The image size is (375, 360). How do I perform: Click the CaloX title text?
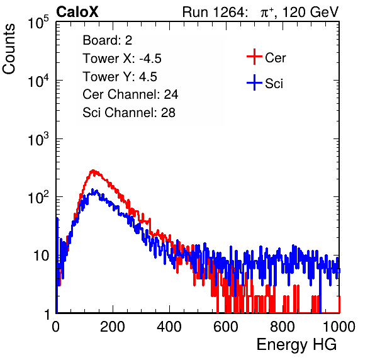pyautogui.click(x=77, y=12)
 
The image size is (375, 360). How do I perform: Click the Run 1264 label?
pyautogui.click(x=214, y=12)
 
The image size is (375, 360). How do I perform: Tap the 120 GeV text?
pyautogui.click(x=311, y=12)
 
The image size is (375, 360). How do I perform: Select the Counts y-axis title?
pyautogui.click(x=9, y=49)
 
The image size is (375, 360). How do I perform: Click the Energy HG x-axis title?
pyautogui.click(x=296, y=345)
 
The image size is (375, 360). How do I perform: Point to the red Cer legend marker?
pyautogui.click(x=254, y=57)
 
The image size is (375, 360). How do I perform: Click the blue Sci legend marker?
pyautogui.click(x=254, y=83)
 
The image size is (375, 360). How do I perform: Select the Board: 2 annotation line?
pyautogui.click(x=108, y=40)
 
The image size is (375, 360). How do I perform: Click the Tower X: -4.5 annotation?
pyautogui.click(x=122, y=59)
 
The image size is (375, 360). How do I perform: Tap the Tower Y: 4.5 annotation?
pyautogui.click(x=120, y=77)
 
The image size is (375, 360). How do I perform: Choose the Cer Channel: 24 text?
pyautogui.click(x=130, y=94)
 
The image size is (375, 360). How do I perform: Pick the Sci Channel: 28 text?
pyautogui.click(x=129, y=113)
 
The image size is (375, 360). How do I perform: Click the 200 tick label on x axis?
pyautogui.click(x=113, y=327)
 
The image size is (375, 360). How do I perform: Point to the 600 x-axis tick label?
pyautogui.click(x=226, y=327)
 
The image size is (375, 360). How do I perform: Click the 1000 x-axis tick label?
pyautogui.click(x=339, y=327)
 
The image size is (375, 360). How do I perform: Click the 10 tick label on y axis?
pyautogui.click(x=41, y=256)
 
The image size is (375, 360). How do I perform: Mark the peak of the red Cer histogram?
pyautogui.click(x=92, y=171)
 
